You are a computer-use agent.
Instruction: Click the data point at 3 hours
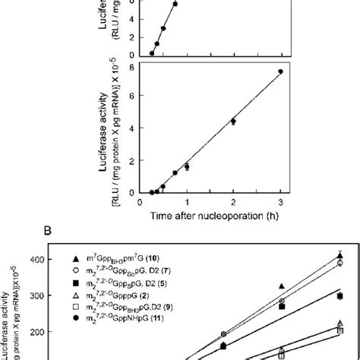pyautogui.click(x=280, y=71)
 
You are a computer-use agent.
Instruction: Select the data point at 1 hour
pyautogui.click(x=187, y=166)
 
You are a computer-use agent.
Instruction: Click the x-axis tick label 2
pyautogui.click(x=233, y=203)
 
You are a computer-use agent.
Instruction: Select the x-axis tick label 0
pyautogui.click(x=141, y=203)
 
